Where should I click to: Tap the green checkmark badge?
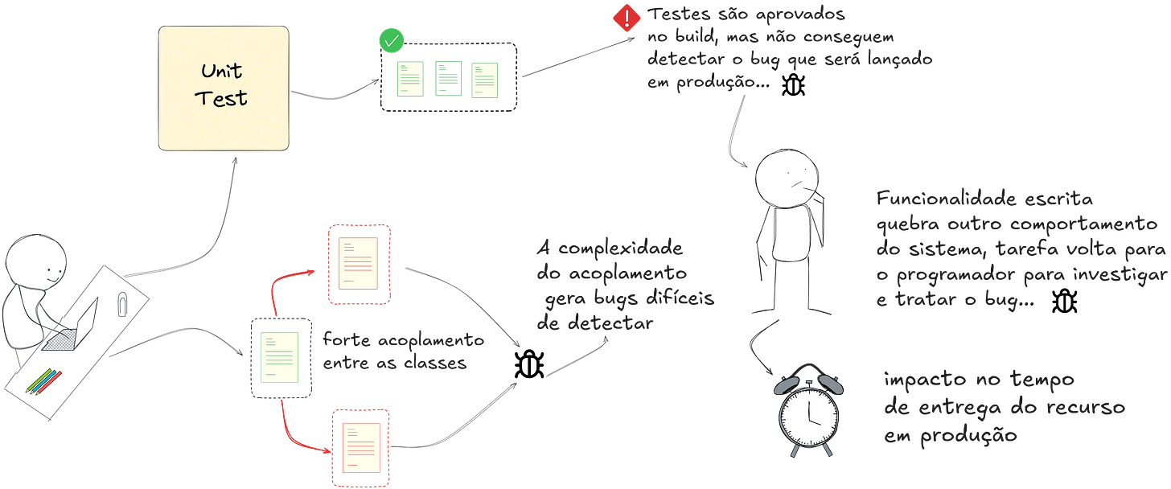click(x=392, y=39)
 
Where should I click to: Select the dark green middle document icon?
click(x=446, y=79)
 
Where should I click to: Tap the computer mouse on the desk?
click(x=121, y=303)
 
